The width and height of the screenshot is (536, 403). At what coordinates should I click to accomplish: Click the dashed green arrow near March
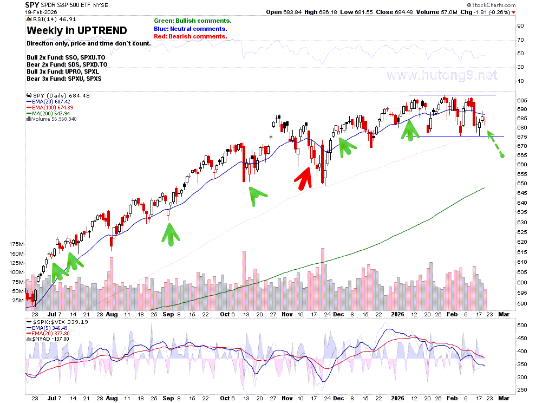pyautogui.click(x=495, y=144)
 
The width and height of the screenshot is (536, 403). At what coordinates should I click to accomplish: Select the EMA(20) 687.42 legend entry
pyautogui.click(x=48, y=102)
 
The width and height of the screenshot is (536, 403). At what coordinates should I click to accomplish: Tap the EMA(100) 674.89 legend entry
pyautogui.click(x=50, y=107)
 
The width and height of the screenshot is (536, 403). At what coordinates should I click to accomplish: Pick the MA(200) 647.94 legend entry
pyautogui.click(x=48, y=113)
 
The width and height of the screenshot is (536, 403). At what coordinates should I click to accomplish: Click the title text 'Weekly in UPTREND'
pyautogui.click(x=77, y=30)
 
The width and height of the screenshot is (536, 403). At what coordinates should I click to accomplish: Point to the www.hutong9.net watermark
pyautogui.click(x=442, y=75)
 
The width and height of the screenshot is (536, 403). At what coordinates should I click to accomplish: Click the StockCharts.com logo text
pyautogui.click(x=492, y=5)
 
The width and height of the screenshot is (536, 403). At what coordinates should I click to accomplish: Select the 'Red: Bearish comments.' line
pyautogui.click(x=191, y=36)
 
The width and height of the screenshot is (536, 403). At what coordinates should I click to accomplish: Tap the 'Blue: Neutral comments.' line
pyautogui.click(x=191, y=29)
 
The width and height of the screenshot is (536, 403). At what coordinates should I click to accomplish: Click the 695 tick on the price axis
pyautogui.click(x=522, y=101)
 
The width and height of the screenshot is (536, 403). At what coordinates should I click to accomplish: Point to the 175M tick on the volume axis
pyautogui.click(x=16, y=244)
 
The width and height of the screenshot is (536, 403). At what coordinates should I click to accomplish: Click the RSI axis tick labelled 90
pyautogui.click(x=520, y=25)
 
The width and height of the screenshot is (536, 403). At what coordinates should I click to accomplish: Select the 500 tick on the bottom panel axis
pyautogui.click(x=522, y=325)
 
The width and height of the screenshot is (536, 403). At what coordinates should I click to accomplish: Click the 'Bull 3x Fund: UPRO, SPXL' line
pyautogui.click(x=63, y=71)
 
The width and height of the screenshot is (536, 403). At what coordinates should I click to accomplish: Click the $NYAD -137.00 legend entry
pyautogui.click(x=48, y=339)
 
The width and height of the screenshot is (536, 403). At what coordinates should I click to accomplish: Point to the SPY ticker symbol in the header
pyautogui.click(x=32, y=5)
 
